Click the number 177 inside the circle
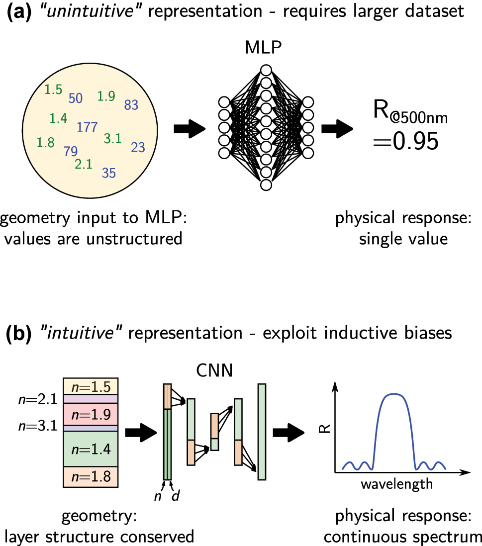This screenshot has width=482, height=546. (x=87, y=127)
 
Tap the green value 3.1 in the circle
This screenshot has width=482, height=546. (x=112, y=139)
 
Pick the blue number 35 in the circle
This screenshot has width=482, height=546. (x=109, y=173)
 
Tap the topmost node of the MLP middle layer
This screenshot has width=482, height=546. (x=266, y=70)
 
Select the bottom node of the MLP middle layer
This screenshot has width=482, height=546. (x=266, y=185)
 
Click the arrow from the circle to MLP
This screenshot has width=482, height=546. (x=190, y=129)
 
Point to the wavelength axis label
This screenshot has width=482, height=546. (x=396, y=483)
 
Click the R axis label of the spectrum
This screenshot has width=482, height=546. (x=326, y=427)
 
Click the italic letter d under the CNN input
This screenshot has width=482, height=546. (x=175, y=497)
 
